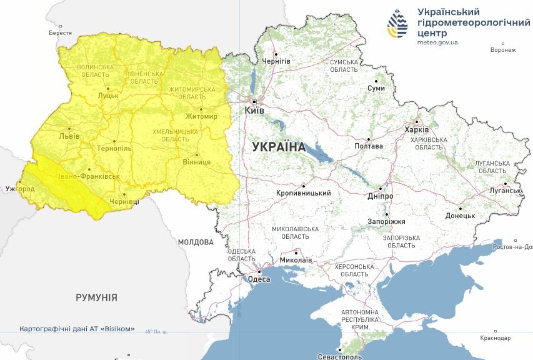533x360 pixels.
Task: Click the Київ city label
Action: tap(254, 110)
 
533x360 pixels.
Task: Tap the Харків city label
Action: tap(417, 130)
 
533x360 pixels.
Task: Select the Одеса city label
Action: tap(259, 279)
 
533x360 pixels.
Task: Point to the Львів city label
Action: tap(69, 135)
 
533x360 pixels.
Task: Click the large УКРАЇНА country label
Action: tap(279, 147)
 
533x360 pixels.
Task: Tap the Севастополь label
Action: tap(340, 357)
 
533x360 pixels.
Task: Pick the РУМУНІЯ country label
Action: tap(96, 297)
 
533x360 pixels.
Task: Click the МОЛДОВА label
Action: tap(196, 242)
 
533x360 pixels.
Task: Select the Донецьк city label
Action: tap(460, 216)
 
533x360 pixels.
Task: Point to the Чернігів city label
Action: tap(276, 61)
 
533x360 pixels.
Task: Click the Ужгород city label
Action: tap(19, 188)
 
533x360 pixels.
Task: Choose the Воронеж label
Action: tap(503, 50)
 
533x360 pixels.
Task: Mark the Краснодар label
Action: tap(496, 338)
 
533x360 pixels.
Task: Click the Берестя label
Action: tap(60, 33)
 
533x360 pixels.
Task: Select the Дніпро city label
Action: tap(381, 196)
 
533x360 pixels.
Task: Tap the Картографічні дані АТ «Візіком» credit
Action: tap(77, 329)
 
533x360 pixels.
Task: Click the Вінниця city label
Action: tap(197, 162)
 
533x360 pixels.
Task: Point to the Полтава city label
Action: tap(369, 146)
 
